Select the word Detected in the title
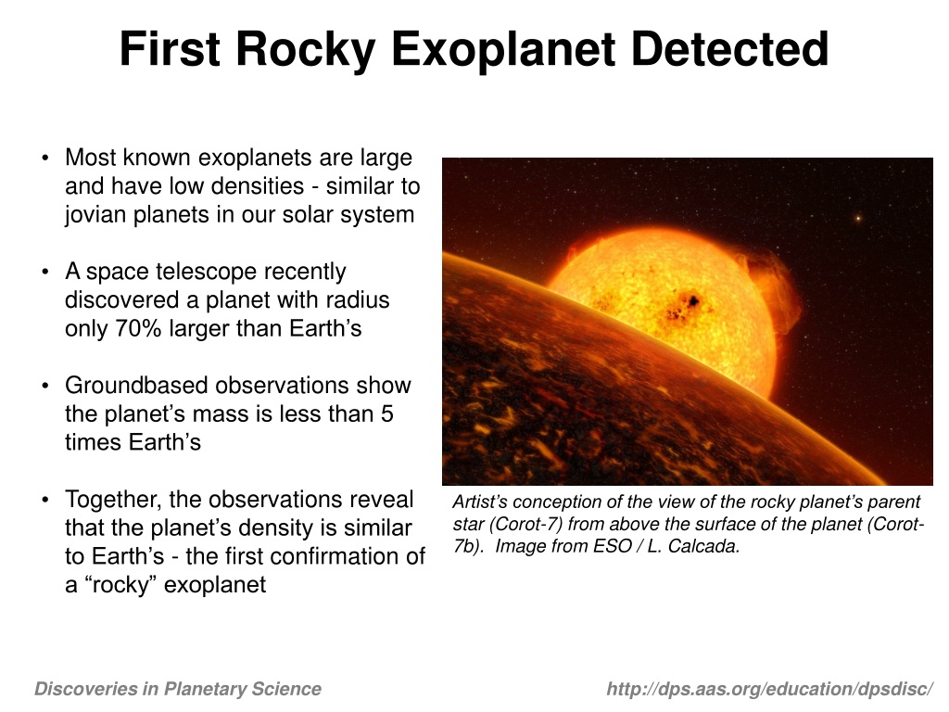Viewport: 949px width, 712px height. [729, 49]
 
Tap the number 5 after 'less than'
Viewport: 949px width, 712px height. [387, 414]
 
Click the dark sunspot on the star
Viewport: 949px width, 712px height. [691, 300]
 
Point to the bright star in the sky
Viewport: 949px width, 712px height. [857, 217]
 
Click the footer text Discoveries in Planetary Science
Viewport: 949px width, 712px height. [178, 689]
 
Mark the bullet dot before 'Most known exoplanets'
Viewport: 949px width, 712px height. [44, 159]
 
